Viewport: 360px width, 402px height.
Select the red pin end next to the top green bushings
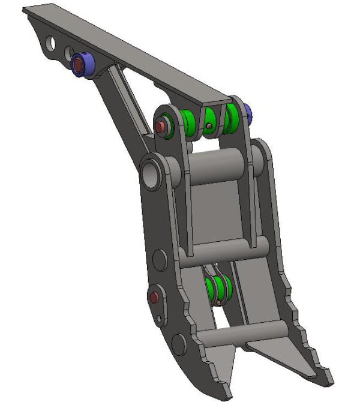point(161,127)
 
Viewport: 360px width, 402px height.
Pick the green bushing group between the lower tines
point(218,289)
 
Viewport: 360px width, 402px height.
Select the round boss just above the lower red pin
point(159,260)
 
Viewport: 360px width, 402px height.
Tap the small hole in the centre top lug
point(208,125)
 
